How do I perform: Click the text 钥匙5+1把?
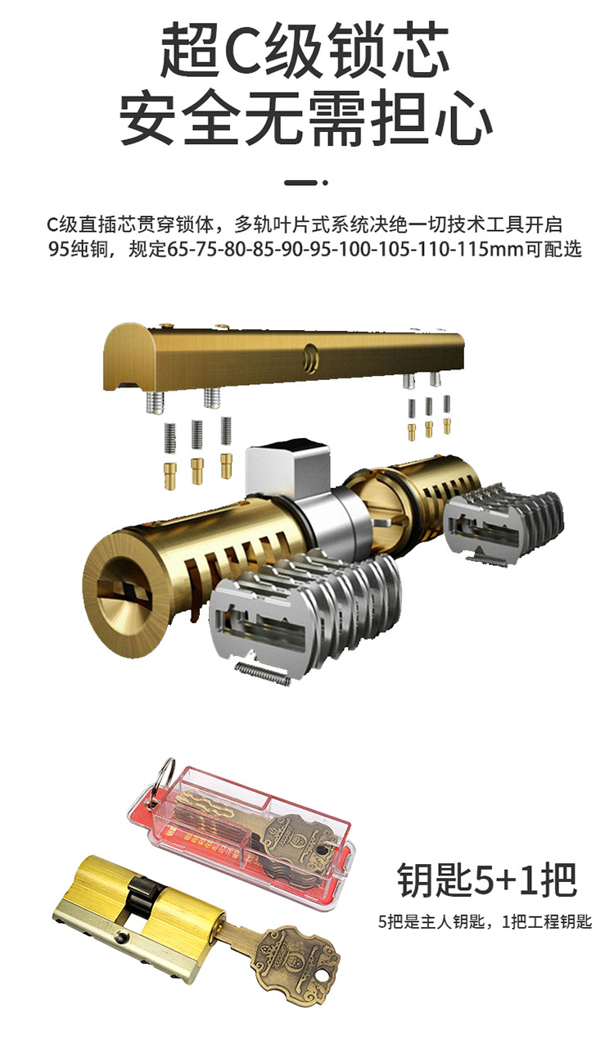click(487, 880)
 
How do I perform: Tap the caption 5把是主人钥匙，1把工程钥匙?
click(485, 922)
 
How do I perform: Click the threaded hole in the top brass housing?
click(310, 356)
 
